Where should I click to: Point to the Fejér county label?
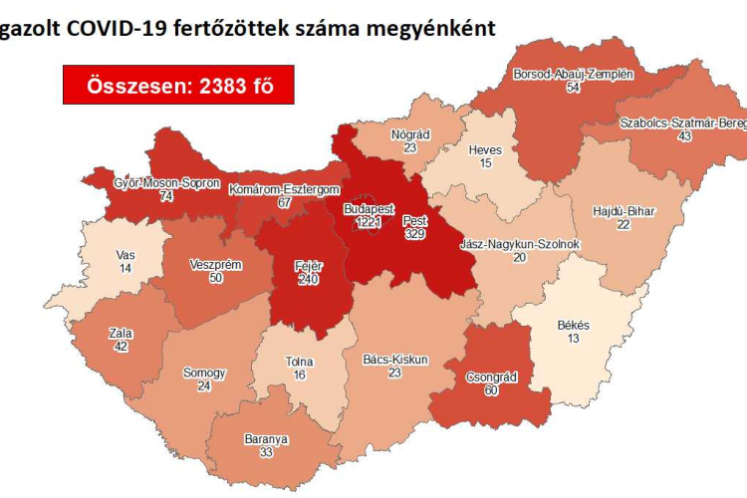click(x=307, y=266)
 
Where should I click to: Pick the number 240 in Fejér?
click(x=307, y=280)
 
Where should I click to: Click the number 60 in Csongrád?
click(x=489, y=391)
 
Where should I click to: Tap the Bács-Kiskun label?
click(x=395, y=359)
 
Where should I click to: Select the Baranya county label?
click(x=266, y=438)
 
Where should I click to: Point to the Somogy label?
click(x=204, y=373)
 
